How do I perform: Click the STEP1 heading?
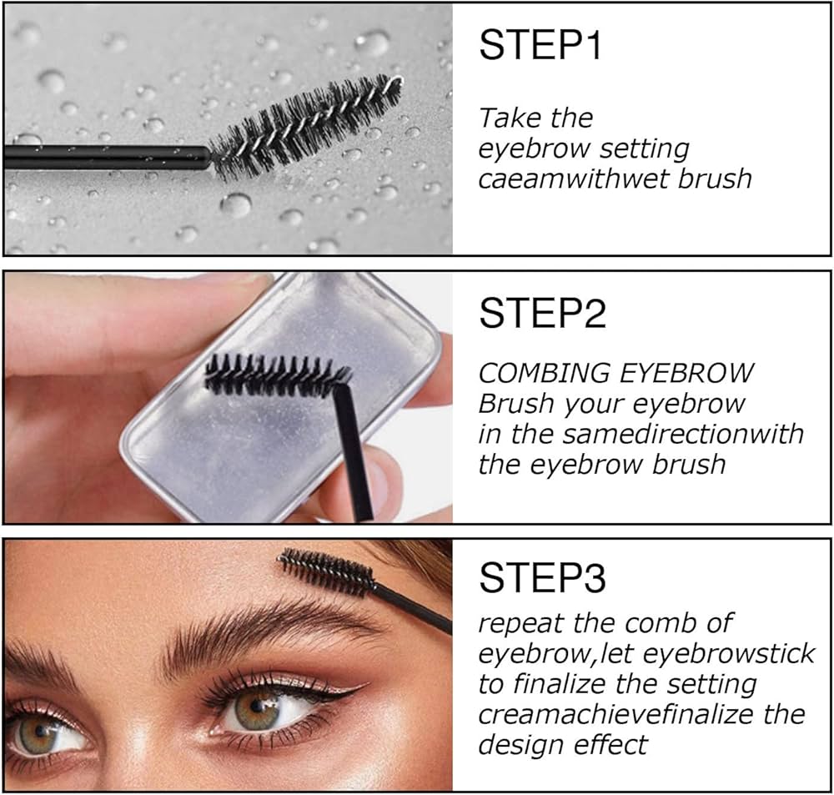(x=540, y=45)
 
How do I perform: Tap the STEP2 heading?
(x=542, y=313)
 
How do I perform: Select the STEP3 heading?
(x=542, y=578)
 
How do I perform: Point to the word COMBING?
(x=544, y=373)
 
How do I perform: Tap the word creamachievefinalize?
(x=616, y=715)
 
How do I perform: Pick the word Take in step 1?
(x=509, y=118)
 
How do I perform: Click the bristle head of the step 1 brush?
(x=305, y=128)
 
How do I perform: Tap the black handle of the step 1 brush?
(x=107, y=158)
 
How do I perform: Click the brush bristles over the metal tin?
(x=277, y=375)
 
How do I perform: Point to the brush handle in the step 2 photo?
(x=352, y=452)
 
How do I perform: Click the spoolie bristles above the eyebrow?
(x=325, y=572)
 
